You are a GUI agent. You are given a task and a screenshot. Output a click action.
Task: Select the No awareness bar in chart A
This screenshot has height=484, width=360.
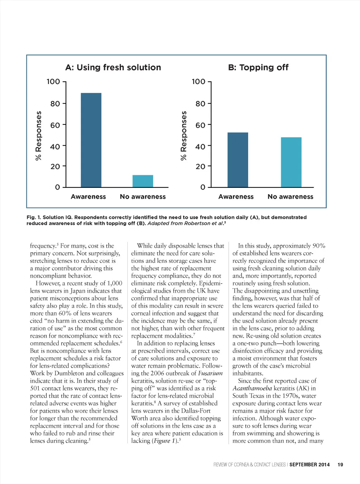143,181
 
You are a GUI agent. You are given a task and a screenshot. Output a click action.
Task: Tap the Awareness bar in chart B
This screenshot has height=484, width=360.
238,160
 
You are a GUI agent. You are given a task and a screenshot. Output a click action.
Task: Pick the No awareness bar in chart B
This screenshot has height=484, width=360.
291,162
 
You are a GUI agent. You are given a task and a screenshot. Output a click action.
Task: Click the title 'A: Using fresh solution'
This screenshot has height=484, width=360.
113,68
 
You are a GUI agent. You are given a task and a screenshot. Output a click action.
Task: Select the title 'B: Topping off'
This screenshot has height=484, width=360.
258,68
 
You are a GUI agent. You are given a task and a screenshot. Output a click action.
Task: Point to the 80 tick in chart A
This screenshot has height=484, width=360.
55,104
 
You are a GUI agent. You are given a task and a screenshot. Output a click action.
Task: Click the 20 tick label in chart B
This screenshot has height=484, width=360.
200,166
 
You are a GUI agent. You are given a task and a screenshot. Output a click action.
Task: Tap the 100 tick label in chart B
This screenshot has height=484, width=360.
199,82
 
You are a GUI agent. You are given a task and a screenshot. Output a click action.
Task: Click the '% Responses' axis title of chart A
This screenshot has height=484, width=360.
39,135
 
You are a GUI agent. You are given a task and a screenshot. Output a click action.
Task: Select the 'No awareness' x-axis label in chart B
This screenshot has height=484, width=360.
290,197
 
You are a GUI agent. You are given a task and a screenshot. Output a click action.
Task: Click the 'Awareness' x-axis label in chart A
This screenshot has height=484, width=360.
88,197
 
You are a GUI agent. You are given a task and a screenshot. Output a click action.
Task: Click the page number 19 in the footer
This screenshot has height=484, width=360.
340,465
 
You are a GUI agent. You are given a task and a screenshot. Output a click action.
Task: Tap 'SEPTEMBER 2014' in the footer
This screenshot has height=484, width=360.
309,465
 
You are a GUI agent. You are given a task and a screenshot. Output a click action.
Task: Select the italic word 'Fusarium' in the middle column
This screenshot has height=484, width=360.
210,373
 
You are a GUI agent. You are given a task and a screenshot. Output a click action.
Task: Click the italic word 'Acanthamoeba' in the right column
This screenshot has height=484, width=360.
252,388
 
